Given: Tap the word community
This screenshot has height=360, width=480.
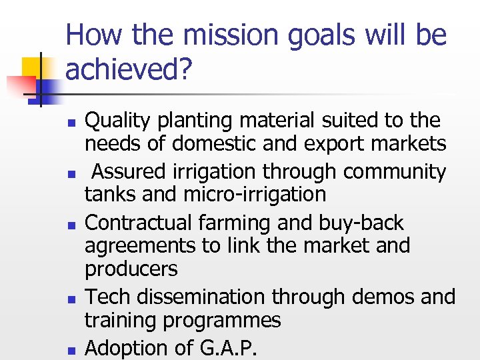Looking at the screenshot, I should [x=395, y=172].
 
